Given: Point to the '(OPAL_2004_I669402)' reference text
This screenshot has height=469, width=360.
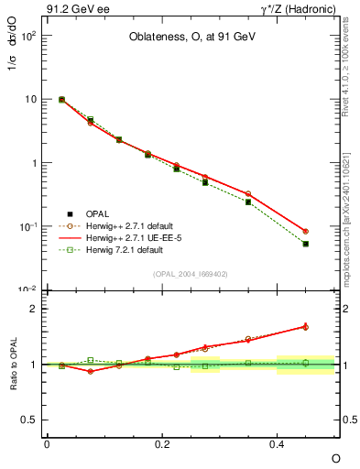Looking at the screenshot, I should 191,272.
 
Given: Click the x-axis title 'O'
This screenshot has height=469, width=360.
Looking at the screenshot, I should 334,458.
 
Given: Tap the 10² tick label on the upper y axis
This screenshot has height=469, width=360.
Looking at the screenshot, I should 29,36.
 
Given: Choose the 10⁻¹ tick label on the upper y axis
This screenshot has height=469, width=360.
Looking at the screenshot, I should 29,226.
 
